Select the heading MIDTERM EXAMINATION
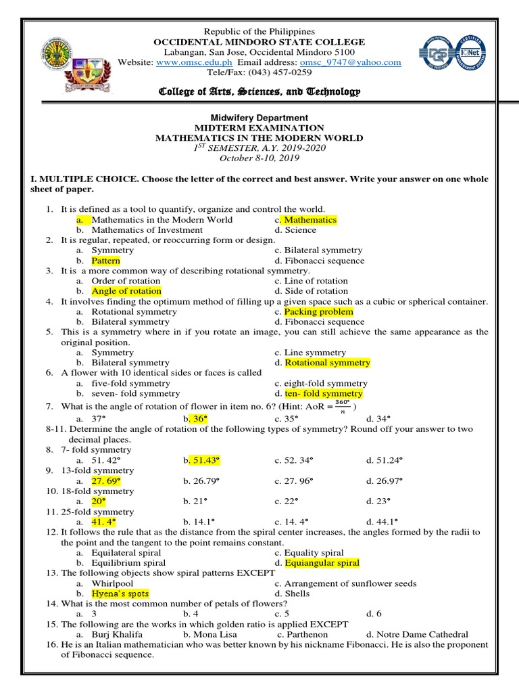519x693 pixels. click(259, 128)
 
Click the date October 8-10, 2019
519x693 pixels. click(259, 158)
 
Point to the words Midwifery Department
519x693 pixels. click(259, 118)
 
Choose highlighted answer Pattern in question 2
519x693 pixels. click(106, 261)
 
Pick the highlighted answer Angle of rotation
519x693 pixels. click(126, 291)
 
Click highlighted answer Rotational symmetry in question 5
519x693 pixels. click(327, 363)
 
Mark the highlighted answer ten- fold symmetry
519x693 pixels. click(323, 393)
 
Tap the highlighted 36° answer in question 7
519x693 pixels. click(198, 419)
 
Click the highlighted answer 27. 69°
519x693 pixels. click(106, 480)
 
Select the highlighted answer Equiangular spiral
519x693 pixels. click(322, 562)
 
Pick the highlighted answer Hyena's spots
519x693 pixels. click(120, 594)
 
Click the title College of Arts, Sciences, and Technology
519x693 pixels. click(259, 91)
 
